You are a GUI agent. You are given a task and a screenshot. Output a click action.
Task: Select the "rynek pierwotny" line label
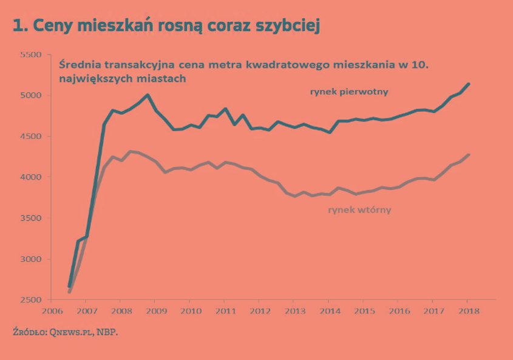tap(348, 92)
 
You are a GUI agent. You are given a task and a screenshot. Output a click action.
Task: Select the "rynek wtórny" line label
tap(359, 209)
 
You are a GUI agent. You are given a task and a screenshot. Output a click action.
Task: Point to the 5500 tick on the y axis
tap(31, 55)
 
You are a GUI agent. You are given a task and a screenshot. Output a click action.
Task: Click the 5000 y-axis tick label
tap(31, 95)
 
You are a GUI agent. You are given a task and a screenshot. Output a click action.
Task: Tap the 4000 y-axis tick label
tap(31, 177)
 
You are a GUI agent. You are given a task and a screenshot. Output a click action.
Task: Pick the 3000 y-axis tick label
tap(31, 259)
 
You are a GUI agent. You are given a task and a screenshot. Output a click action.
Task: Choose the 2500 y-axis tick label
tap(31, 300)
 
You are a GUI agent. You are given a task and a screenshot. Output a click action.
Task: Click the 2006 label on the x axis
tap(51, 311)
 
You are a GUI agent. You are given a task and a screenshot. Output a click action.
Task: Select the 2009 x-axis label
tap(155, 311)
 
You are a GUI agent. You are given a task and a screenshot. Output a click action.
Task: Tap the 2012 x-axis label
tap(259, 311)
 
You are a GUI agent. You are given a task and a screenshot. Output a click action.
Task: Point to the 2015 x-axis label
tap(362, 311)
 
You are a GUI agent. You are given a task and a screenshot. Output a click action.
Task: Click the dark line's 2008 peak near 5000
tap(148, 95)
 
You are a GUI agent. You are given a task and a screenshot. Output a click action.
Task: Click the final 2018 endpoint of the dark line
tap(468, 84)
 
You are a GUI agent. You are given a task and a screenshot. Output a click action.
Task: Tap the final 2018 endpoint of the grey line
tap(468, 155)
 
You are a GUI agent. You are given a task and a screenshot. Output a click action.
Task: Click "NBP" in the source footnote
tap(107, 333)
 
